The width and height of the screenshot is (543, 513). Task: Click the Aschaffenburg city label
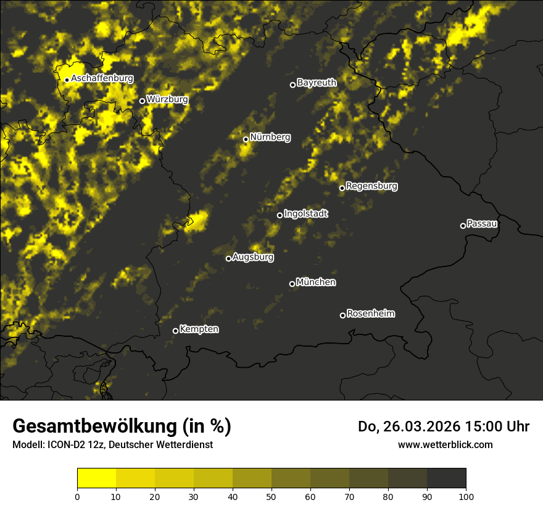point(102,78)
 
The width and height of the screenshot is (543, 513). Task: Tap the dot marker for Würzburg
point(142,101)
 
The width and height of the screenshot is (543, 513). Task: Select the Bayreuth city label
point(317,82)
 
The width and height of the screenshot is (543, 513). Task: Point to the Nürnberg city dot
point(246,139)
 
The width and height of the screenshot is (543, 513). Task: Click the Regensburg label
point(371,185)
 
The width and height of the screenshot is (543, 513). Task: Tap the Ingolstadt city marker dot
point(280,215)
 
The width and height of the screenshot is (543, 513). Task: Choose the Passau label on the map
point(482,223)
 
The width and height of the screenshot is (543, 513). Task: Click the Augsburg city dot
point(228,258)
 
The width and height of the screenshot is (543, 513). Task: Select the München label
point(316,282)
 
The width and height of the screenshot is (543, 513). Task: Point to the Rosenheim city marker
point(342,316)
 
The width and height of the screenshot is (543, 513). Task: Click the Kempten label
point(199,329)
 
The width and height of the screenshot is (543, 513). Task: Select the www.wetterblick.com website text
point(445,444)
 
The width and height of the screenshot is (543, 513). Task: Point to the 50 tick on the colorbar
point(271,496)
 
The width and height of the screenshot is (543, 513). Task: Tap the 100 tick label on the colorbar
point(466,496)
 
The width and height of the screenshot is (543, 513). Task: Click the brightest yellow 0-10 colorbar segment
point(97,478)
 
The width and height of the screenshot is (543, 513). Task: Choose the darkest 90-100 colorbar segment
point(446,478)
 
